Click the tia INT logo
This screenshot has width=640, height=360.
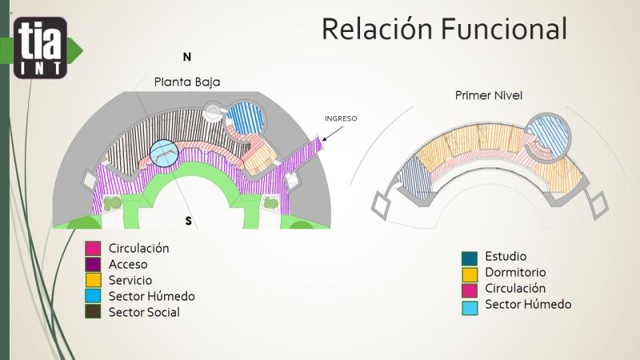[40, 48]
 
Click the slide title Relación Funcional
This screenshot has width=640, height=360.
[444, 29]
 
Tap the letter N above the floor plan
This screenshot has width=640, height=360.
[187, 57]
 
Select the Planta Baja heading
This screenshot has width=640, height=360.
[187, 82]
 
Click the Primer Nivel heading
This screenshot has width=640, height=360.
[489, 96]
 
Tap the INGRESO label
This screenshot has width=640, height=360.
[340, 118]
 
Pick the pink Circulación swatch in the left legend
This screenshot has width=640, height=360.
[93, 249]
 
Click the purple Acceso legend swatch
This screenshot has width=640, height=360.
[93, 265]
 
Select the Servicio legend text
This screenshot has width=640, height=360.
[130, 281]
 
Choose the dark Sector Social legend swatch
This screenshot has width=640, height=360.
[93, 313]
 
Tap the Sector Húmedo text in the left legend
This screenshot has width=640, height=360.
[151, 296]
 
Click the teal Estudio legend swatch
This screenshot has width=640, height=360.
[470, 258]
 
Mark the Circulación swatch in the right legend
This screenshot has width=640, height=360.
[470, 289]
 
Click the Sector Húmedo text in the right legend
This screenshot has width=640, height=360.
[528, 304]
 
